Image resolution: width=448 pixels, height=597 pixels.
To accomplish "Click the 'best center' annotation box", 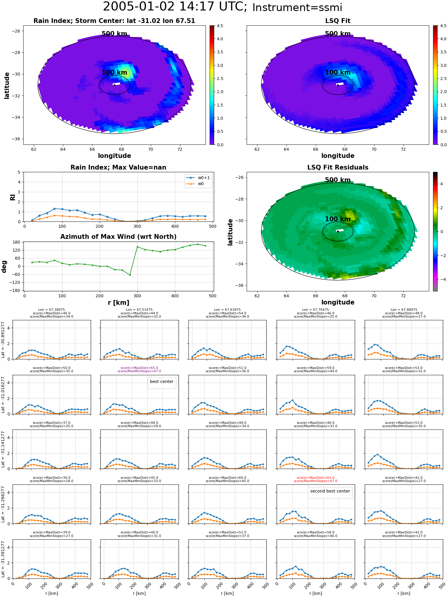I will [x=162, y=382].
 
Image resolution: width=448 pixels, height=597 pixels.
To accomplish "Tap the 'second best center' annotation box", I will [x=330, y=491].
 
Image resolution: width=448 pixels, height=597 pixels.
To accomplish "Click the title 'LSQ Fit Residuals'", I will [x=337, y=167].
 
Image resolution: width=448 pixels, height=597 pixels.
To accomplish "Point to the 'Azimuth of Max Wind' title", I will [x=118, y=237].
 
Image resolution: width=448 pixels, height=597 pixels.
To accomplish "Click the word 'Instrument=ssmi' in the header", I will [x=297, y=7].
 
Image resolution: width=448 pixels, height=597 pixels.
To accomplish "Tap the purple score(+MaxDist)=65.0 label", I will [x=139, y=368].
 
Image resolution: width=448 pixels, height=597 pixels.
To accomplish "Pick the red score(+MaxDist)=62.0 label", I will [x=315, y=478].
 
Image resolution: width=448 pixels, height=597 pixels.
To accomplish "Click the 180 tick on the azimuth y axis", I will [x=17, y=242].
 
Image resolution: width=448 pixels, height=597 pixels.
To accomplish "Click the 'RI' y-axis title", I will [x=13, y=197].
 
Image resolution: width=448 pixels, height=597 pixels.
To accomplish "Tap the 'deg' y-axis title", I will [x=4, y=267].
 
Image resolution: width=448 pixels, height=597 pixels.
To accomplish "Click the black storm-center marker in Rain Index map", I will [x=114, y=85].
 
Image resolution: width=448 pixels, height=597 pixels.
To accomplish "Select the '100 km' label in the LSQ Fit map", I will [x=337, y=73].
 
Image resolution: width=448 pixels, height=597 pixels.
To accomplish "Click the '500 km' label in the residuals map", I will [x=337, y=180].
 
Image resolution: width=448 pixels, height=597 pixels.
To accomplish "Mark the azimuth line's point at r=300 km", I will [x=137, y=247].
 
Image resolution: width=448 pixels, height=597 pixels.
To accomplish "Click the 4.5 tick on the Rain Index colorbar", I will [x=220, y=26].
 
